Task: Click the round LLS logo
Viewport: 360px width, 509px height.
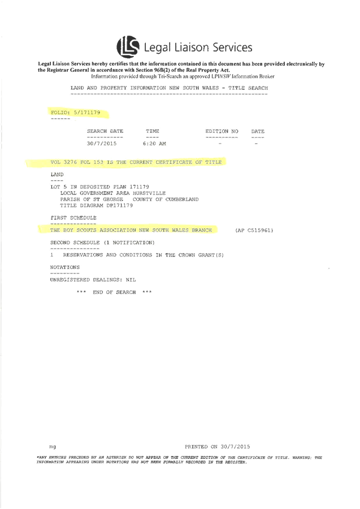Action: click(127, 46)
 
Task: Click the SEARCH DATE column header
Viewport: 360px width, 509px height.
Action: click(105, 132)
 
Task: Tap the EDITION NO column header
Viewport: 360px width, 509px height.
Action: click(222, 132)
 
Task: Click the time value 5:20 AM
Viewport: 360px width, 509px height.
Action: click(154, 144)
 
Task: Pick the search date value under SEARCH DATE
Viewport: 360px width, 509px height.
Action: click(101, 144)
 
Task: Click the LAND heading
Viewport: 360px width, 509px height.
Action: click(57, 174)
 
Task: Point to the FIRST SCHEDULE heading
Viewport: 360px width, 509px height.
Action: click(73, 217)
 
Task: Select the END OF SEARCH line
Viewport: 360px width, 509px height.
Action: click(114, 293)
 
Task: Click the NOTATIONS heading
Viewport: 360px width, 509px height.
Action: click(65, 267)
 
